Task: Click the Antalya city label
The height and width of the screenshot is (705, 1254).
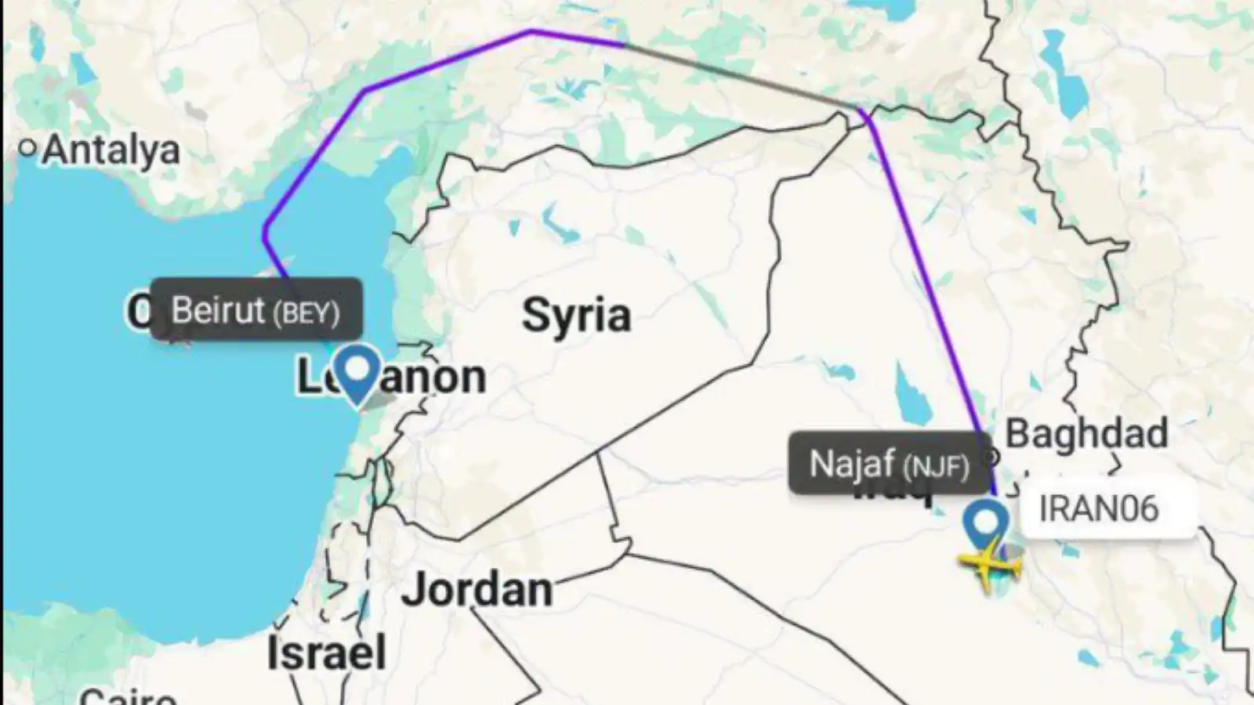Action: pos(111,150)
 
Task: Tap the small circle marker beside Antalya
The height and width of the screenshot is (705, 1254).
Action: pos(28,147)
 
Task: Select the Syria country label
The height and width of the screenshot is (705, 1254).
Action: pos(576,315)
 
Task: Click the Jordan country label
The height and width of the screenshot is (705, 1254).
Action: pos(477,589)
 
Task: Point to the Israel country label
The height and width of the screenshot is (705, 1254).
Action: pos(326,653)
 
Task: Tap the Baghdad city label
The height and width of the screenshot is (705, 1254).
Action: pos(1086,433)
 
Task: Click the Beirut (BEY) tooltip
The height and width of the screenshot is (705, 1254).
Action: pos(256,310)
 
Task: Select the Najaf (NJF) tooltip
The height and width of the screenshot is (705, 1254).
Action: pos(889,464)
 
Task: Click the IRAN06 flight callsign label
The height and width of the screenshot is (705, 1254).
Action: pos(1098,509)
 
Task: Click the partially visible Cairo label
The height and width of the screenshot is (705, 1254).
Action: pos(127,696)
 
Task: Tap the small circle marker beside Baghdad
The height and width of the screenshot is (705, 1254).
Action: pos(992,456)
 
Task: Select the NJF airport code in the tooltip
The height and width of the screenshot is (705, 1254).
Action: pos(936,467)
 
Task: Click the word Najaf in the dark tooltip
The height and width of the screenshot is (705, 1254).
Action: pos(853,464)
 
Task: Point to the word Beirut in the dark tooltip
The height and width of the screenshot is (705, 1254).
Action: pos(218,310)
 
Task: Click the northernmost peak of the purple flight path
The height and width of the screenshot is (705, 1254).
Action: pos(532,31)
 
